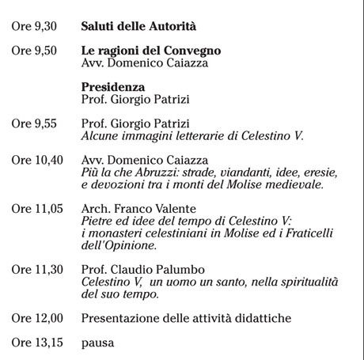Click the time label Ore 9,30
(x=35, y=26)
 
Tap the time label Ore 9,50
(x=35, y=51)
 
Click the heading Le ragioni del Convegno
(x=151, y=51)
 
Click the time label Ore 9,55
(x=35, y=124)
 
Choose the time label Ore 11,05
(x=37, y=209)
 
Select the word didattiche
(x=264, y=318)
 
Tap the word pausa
(x=97, y=343)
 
